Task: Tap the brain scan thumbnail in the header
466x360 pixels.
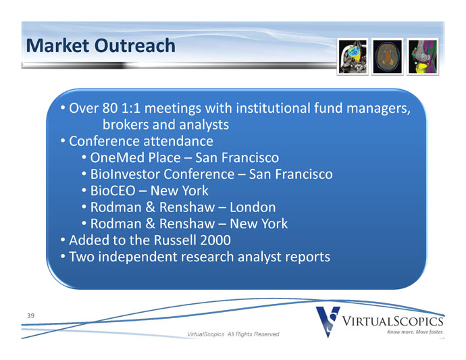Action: pos(387,57)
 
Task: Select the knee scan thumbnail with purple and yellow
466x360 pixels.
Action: pos(423,57)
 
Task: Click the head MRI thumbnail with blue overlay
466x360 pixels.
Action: pos(353,57)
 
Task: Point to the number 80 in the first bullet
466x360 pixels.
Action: pos(109,108)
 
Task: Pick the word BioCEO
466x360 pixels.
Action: pos(113,190)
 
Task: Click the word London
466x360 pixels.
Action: pos(253,207)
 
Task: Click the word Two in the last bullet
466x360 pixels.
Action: pos(82,257)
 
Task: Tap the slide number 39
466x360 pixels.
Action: pos(30,315)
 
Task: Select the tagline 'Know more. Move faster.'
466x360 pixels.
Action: pos(415,332)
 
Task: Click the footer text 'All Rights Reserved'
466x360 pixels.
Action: pos(253,334)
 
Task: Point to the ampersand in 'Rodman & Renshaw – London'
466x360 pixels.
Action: pos(151,207)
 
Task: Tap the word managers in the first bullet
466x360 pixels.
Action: pos(378,109)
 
